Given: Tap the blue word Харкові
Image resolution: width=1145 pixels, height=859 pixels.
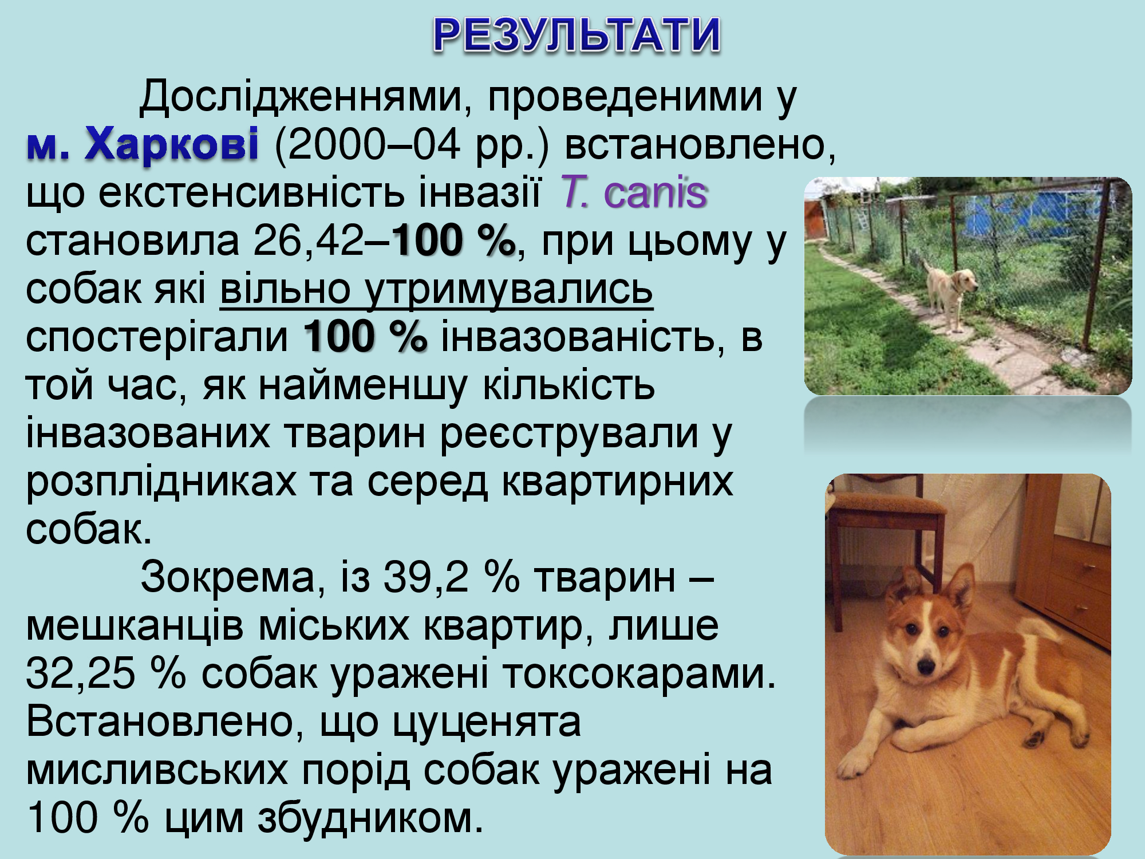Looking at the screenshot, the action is tap(172, 144).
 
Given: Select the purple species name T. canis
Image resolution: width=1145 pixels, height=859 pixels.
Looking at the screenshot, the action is tap(633, 192).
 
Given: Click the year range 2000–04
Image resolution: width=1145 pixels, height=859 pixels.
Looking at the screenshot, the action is tap(368, 144).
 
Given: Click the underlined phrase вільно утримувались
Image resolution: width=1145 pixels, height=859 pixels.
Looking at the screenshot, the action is tap(436, 290).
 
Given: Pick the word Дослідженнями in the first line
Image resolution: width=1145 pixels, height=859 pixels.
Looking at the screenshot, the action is tap(301, 96).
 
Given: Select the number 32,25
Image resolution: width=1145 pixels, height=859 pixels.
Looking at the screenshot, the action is tap(81, 673).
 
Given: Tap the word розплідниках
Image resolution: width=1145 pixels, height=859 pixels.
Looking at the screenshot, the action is tap(161, 482).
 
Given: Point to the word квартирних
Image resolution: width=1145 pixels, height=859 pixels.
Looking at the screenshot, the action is tap(617, 482).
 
